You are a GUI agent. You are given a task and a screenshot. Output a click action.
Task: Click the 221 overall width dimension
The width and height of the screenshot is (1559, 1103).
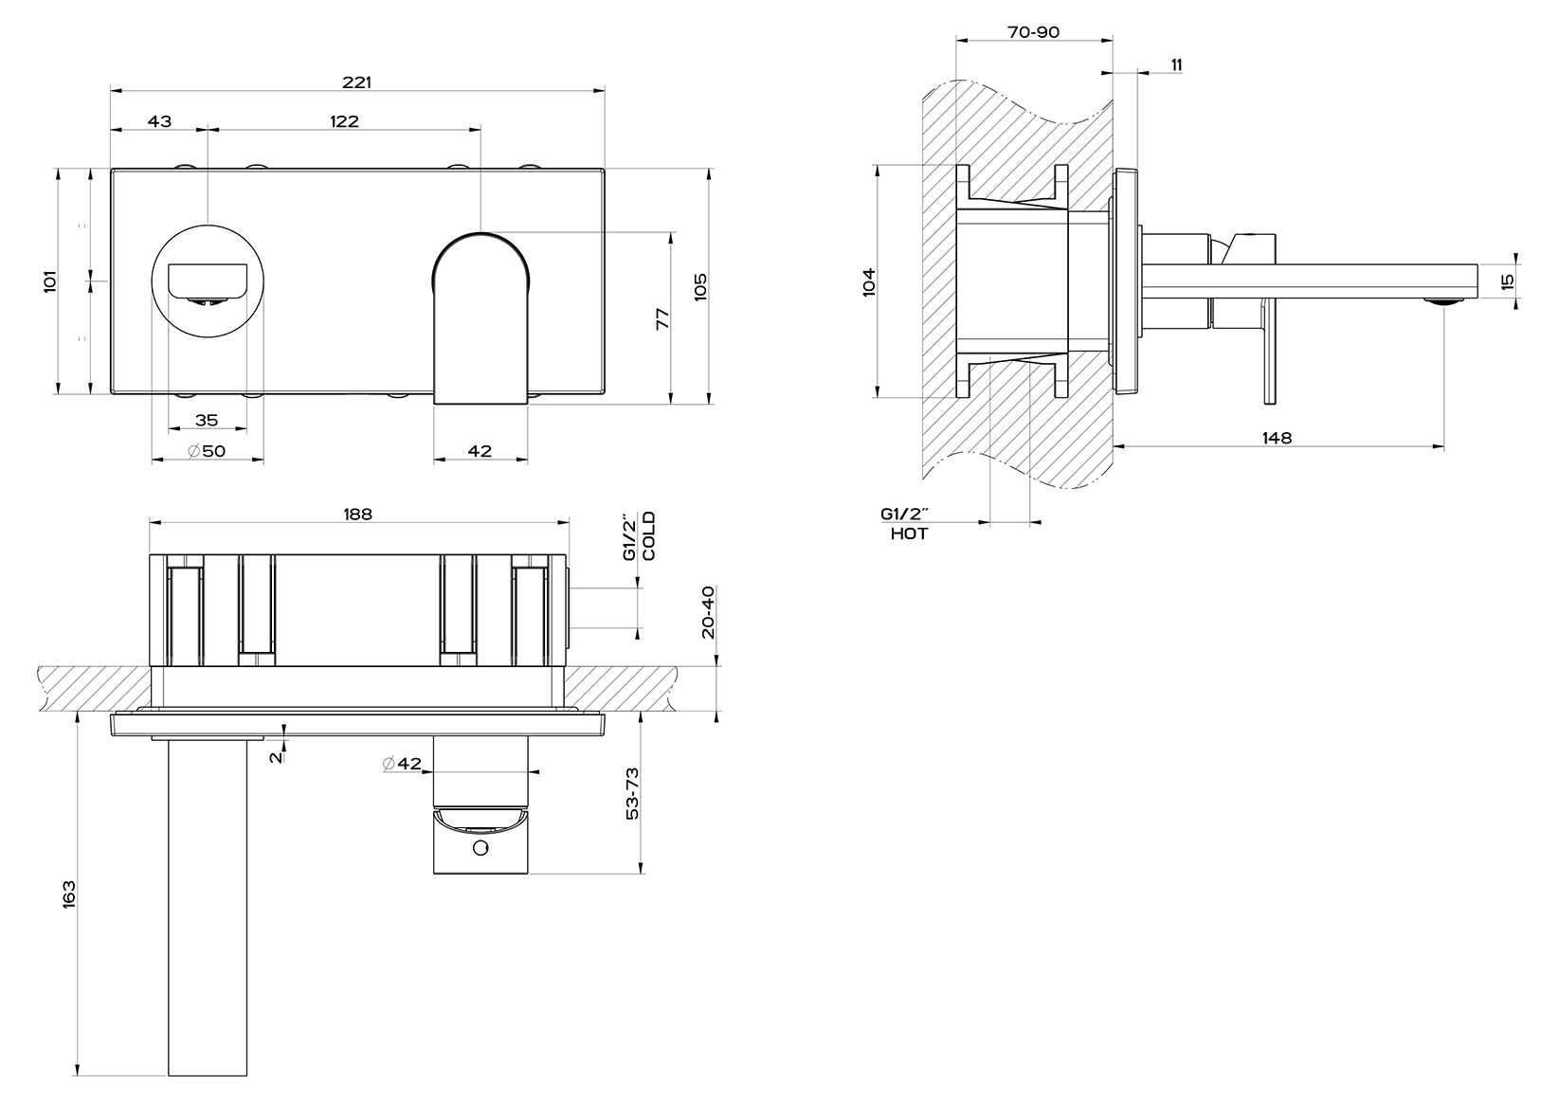pyautogui.click(x=357, y=82)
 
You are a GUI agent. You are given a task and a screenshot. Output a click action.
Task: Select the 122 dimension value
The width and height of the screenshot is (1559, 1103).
pyautogui.click(x=345, y=121)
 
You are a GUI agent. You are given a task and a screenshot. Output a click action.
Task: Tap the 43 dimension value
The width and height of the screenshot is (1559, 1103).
pyautogui.click(x=159, y=121)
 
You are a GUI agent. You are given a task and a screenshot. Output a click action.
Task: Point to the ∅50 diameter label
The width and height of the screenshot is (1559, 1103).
pyautogui.click(x=207, y=451)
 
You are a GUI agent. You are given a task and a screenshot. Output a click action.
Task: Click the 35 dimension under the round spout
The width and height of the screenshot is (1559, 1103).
pyautogui.click(x=207, y=421)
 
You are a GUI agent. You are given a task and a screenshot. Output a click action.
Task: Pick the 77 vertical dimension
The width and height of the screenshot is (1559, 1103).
pyautogui.click(x=662, y=318)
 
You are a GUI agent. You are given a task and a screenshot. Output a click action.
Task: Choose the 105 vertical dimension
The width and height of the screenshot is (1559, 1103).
pyautogui.click(x=700, y=287)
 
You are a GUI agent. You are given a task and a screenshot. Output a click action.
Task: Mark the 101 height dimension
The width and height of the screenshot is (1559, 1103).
pyautogui.click(x=49, y=281)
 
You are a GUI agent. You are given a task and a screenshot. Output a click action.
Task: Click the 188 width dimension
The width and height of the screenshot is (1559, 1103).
pyautogui.click(x=357, y=514)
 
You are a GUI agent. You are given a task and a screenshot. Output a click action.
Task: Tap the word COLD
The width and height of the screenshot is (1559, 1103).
pyautogui.click(x=648, y=535)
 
